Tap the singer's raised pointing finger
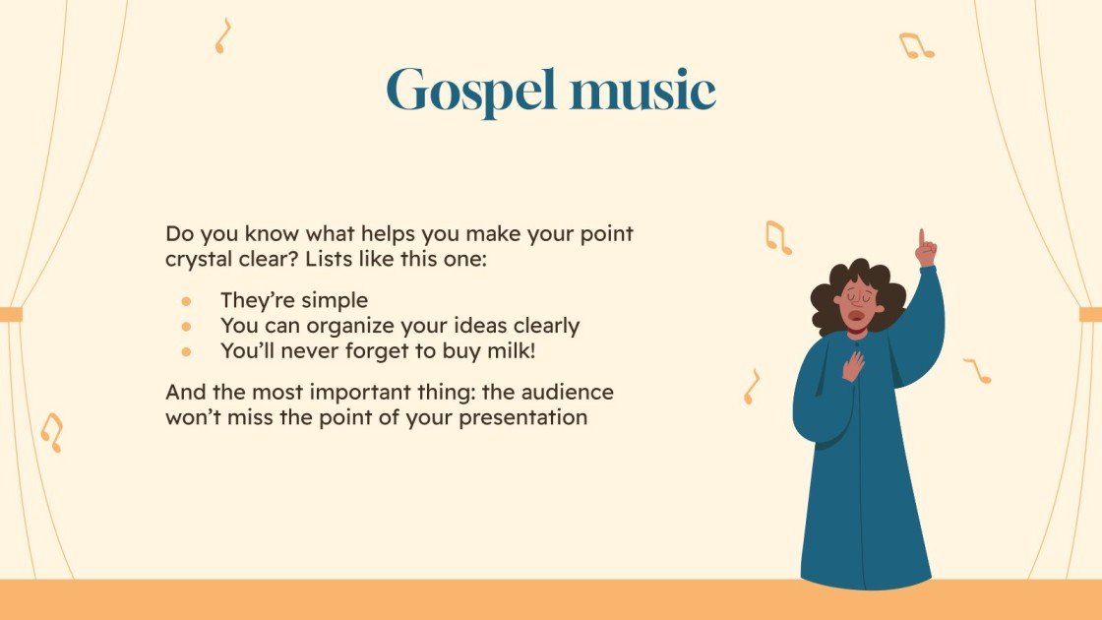922,238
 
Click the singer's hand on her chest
853,365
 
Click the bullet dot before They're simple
185,301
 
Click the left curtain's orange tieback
11,314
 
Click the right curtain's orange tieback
1090,314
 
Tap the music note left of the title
222,35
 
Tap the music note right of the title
914,45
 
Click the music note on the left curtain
51,432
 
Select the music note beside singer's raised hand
777,237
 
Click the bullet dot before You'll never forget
185,349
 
